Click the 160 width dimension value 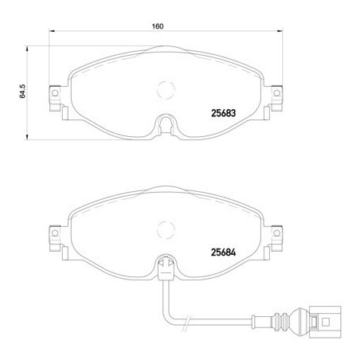tap(158, 26)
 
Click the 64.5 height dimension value tap(22, 92)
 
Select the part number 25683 tap(223, 113)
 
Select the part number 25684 tap(223, 252)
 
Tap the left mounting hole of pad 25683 tap(55, 93)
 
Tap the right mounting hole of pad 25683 tap(276, 93)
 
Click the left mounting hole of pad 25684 tap(55, 233)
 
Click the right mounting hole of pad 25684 tap(276, 233)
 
